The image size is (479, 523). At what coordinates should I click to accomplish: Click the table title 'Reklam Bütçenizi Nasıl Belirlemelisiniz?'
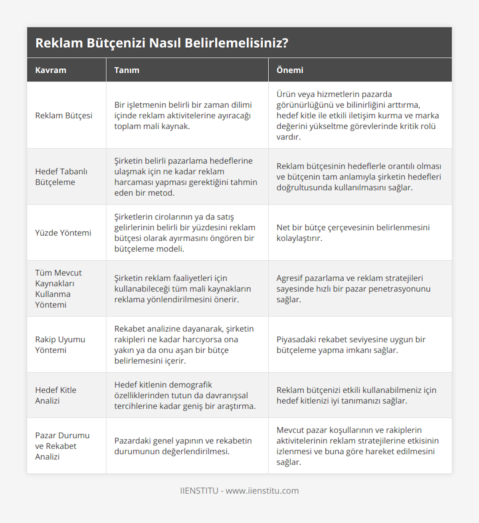[x=162, y=43]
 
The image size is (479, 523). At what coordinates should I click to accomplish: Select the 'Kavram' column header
[x=51, y=70]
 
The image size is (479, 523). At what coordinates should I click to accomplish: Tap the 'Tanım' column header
[x=127, y=70]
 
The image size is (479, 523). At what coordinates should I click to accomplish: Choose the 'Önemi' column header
[x=290, y=70]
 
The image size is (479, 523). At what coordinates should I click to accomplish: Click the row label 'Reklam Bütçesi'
[x=63, y=116]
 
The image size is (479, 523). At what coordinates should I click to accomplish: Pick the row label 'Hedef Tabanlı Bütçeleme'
[x=61, y=177]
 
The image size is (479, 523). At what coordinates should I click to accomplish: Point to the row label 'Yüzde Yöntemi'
[x=63, y=233]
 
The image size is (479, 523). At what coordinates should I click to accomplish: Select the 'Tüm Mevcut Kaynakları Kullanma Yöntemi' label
[x=58, y=289]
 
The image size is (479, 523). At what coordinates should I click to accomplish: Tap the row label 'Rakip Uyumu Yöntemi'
[x=60, y=345]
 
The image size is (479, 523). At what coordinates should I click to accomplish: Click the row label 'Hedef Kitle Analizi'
[x=55, y=395]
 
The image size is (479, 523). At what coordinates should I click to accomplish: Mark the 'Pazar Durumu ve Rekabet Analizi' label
[x=62, y=446]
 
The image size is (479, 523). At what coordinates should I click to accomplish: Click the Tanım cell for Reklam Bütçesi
[x=183, y=116]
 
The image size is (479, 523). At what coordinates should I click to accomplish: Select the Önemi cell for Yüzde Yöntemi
[x=353, y=233]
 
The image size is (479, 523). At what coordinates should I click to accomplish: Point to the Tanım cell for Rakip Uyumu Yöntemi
[x=184, y=345]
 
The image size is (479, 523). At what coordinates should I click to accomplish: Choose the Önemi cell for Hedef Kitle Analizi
[x=356, y=395]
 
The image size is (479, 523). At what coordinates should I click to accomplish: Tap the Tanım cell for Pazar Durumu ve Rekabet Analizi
[x=183, y=446]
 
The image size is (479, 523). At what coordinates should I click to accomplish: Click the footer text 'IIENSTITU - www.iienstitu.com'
[x=239, y=491]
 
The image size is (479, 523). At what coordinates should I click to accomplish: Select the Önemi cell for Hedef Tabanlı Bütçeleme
[x=358, y=177]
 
